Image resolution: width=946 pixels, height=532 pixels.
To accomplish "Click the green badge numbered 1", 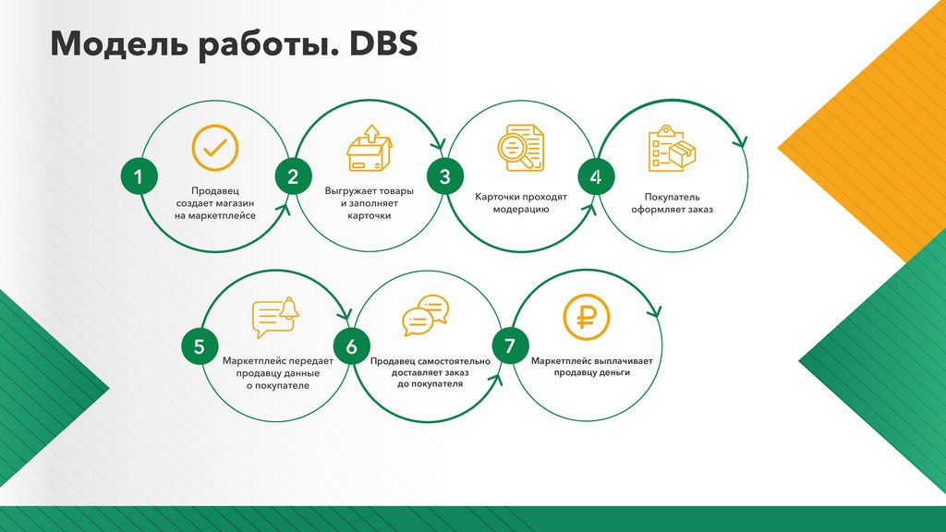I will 139,177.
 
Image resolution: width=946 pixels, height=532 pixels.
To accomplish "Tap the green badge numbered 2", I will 293,177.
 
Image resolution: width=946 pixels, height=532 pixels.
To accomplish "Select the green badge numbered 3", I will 444,177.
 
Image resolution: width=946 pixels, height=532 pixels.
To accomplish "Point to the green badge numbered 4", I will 596,177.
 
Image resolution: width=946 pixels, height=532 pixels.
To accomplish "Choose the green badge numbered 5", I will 199,347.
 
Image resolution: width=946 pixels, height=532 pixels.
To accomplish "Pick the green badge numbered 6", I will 351,347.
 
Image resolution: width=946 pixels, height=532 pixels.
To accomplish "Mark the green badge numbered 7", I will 509,347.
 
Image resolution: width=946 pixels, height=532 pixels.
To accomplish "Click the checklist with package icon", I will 672,150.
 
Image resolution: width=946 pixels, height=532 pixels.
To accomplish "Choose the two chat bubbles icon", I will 425,316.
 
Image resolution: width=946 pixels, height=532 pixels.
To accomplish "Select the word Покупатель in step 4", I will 673,197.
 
